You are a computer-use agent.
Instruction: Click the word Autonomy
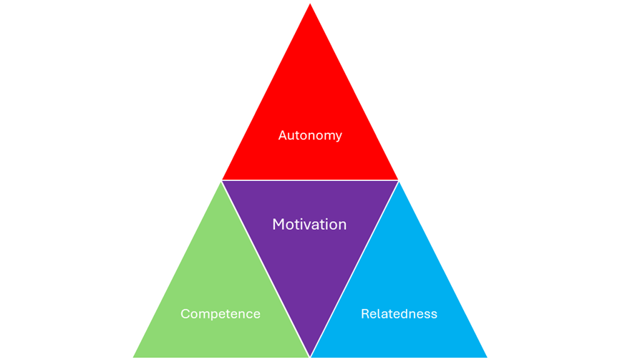click(x=310, y=135)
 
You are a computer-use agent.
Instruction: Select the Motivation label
click(x=309, y=225)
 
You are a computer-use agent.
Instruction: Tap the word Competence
click(x=221, y=314)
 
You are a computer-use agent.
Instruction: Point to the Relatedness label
click(x=399, y=314)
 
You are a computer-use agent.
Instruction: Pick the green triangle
click(x=215, y=286)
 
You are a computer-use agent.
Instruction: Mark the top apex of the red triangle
click(x=310, y=2)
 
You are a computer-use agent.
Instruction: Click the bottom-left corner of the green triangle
click(x=132, y=357)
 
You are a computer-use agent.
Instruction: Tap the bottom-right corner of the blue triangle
click(x=488, y=357)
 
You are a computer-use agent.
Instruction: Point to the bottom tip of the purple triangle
click(x=310, y=356)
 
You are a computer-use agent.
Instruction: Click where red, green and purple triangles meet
click(x=221, y=180)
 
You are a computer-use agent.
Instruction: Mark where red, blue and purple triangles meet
click(x=399, y=180)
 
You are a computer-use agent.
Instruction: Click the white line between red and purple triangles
click(x=310, y=180)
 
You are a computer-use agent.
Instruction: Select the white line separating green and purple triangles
click(x=266, y=268)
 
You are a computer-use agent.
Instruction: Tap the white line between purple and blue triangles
click(x=354, y=268)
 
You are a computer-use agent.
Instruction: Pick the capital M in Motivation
click(x=278, y=225)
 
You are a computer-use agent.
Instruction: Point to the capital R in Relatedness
click(x=364, y=314)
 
